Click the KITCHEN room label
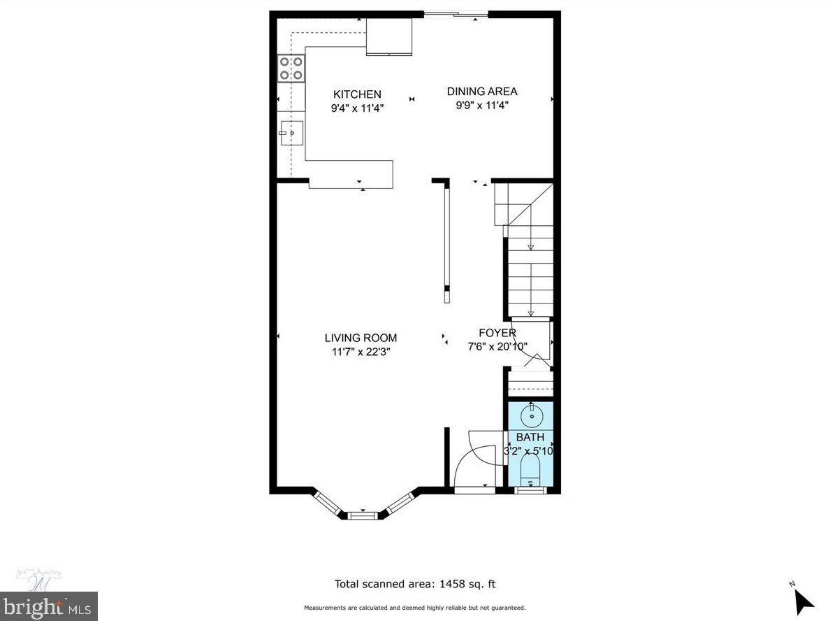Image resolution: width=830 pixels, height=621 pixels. pyautogui.click(x=357, y=94)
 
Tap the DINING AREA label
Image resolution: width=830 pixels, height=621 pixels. pyautogui.click(x=482, y=92)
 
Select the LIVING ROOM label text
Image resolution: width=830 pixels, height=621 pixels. pyautogui.click(x=361, y=338)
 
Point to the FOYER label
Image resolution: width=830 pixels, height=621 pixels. pyautogui.click(x=497, y=333)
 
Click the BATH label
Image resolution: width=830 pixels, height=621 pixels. pyautogui.click(x=530, y=438)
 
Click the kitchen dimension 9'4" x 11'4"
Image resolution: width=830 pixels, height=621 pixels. pyautogui.click(x=357, y=108)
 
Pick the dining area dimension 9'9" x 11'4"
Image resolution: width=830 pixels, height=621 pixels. pyautogui.click(x=482, y=106)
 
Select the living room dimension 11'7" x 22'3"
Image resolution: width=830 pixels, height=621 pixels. pyautogui.click(x=361, y=352)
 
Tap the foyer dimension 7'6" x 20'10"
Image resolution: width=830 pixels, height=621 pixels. pyautogui.click(x=497, y=346)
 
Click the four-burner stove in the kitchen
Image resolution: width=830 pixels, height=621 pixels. pyautogui.click(x=291, y=68)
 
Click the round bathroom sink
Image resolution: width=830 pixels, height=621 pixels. pyautogui.click(x=532, y=416)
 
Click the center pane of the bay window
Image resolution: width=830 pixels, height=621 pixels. pyautogui.click(x=361, y=516)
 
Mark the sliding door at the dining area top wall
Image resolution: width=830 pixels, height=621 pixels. pyautogui.click(x=456, y=13)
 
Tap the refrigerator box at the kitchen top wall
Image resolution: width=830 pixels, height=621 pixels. pyautogui.click(x=389, y=36)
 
